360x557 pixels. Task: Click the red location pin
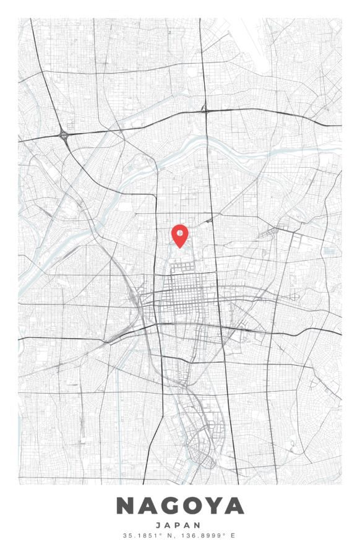(x=179, y=235)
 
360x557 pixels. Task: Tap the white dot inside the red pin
(x=179, y=233)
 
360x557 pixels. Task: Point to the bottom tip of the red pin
(x=179, y=248)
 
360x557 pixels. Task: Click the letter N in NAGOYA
(x=126, y=506)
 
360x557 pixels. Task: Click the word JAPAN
(x=179, y=525)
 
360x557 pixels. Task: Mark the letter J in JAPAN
(x=159, y=525)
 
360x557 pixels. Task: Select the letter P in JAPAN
(x=179, y=525)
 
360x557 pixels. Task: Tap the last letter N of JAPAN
(x=200, y=525)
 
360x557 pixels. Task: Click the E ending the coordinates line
(x=233, y=535)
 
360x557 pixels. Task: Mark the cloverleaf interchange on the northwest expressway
(x=63, y=134)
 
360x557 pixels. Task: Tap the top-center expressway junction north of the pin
(x=205, y=110)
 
